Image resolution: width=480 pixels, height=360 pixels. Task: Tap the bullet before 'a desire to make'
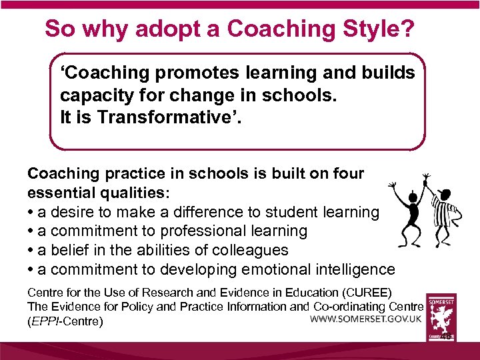[x=31, y=213]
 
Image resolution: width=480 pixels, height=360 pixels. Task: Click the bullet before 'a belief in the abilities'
[x=31, y=251]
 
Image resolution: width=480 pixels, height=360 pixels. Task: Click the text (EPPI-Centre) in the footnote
[x=65, y=322]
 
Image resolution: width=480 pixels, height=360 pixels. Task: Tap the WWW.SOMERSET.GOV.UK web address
[x=365, y=319]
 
